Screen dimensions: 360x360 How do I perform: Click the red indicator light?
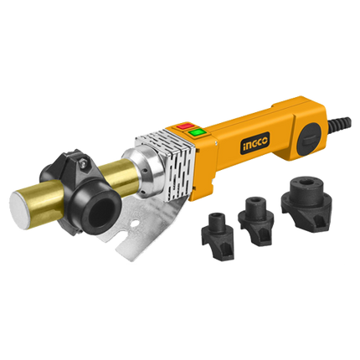[184, 126]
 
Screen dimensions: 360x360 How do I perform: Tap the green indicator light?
[196, 131]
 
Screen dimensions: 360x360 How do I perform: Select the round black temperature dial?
[310, 139]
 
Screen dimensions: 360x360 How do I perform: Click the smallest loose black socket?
[218, 237]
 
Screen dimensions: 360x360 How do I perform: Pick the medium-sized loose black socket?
[255, 221]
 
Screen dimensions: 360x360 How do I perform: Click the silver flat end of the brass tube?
[18, 206]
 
